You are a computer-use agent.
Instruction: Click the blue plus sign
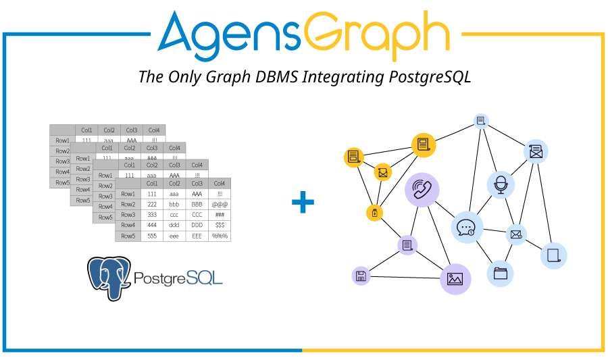pyautogui.click(x=303, y=201)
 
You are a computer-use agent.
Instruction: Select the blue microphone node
pyautogui.click(x=501, y=184)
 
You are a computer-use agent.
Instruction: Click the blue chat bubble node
pyautogui.click(x=466, y=228)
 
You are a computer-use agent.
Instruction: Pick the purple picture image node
pyautogui.click(x=455, y=278)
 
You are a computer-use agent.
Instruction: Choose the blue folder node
pyautogui.click(x=501, y=274)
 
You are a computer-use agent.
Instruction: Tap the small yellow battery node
pyautogui.click(x=375, y=213)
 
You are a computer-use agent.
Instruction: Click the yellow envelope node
pyautogui.click(x=383, y=173)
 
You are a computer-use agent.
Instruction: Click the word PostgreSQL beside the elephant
pyautogui.click(x=178, y=278)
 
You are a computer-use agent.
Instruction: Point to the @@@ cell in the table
pyautogui.click(x=219, y=204)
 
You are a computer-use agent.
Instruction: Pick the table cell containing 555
pyautogui.click(x=152, y=236)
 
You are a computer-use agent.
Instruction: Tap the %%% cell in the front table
pyautogui.click(x=219, y=236)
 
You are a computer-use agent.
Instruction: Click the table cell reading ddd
pyautogui.click(x=174, y=225)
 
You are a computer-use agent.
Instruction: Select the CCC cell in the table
pyautogui.click(x=197, y=215)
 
